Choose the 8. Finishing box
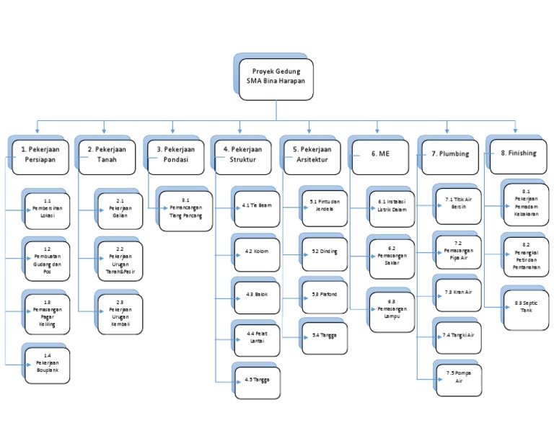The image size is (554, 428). (518, 153)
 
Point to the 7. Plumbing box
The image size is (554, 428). (450, 154)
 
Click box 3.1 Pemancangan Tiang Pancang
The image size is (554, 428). (185, 208)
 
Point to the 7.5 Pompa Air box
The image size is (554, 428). (460, 376)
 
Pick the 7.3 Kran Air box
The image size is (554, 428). (460, 292)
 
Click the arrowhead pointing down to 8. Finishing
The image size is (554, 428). (515, 130)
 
